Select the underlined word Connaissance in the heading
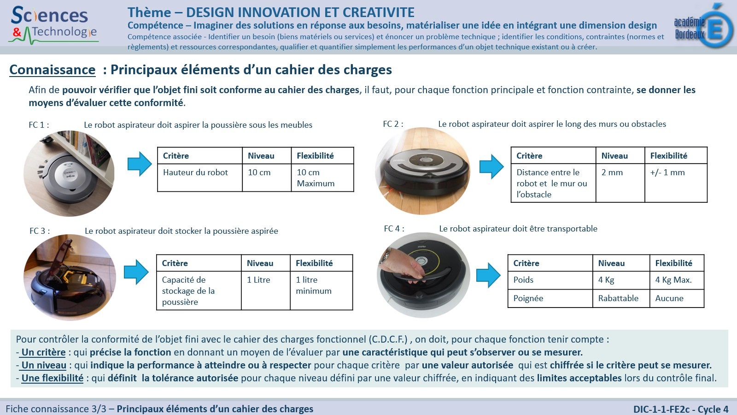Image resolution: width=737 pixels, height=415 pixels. click(x=53, y=70)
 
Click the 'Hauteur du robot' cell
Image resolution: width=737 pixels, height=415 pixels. click(x=200, y=178)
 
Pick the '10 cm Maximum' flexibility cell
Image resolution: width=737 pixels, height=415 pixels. click(x=322, y=178)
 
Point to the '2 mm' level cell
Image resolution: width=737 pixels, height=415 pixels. click(x=620, y=183)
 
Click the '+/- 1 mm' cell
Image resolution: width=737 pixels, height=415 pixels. click(x=676, y=183)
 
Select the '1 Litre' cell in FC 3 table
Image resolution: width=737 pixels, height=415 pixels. click(x=265, y=290)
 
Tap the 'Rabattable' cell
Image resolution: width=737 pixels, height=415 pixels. click(x=621, y=298)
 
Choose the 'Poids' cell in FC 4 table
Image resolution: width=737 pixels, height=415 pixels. click(x=550, y=280)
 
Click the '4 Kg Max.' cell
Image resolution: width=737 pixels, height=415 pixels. click(x=677, y=280)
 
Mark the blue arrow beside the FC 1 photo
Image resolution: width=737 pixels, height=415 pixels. click(x=140, y=164)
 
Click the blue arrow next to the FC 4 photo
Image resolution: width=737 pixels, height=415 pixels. click(x=488, y=275)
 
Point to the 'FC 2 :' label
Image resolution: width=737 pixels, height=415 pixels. click(x=393, y=124)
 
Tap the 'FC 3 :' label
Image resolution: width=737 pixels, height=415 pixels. click(x=40, y=231)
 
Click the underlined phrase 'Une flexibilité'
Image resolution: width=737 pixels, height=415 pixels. click(x=53, y=378)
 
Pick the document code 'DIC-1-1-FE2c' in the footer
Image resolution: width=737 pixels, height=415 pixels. click(x=661, y=409)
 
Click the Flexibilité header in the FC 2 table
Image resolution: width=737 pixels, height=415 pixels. click(x=668, y=156)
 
